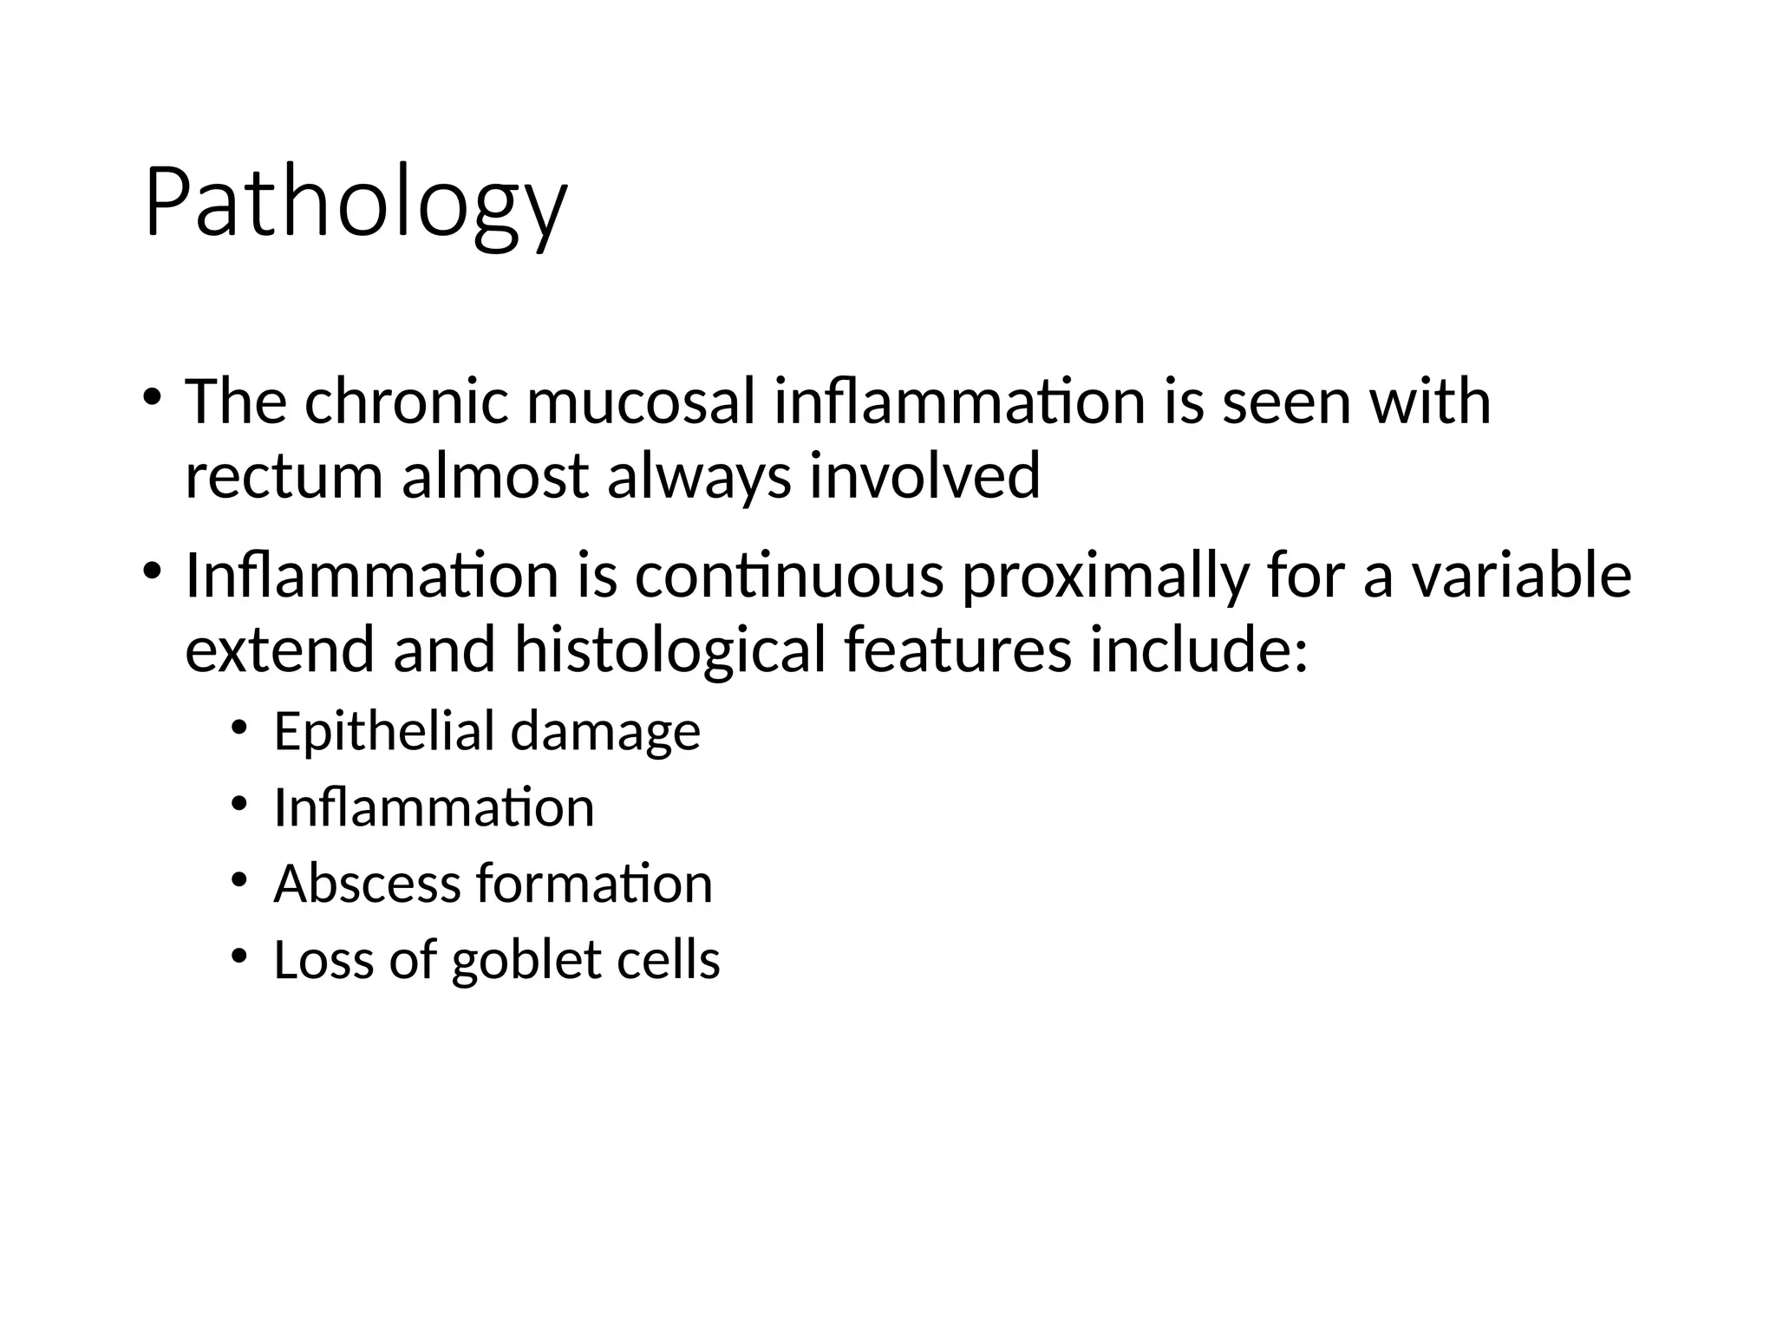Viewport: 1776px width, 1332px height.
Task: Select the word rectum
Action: tap(284, 477)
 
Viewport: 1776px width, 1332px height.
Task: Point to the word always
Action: tap(699, 477)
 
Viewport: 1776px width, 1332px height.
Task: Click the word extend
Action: tap(279, 650)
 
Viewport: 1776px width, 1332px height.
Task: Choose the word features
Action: tap(957, 650)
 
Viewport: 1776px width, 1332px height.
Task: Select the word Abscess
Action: tap(367, 884)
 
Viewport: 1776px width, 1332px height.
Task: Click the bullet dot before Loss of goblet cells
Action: tap(239, 957)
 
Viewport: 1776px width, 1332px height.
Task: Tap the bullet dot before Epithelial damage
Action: tap(239, 728)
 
